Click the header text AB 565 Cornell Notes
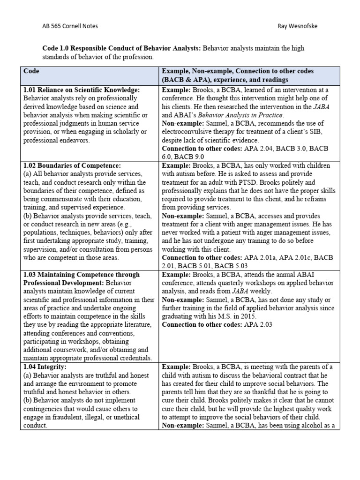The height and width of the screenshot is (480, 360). coord(70,26)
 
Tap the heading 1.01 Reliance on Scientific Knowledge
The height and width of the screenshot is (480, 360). coord(82,90)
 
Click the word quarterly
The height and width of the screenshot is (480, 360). coord(211,284)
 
